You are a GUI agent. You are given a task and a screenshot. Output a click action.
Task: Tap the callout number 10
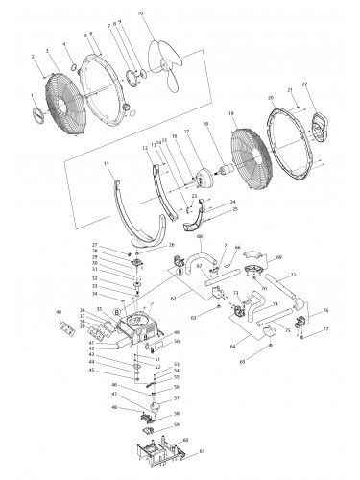tap(141, 13)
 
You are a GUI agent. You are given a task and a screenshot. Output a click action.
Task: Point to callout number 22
tap(304, 84)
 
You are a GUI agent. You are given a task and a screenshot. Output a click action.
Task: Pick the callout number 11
tap(108, 165)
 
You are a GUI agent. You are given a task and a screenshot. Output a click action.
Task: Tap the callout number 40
tap(59, 312)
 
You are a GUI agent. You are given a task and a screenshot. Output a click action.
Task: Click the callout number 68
tap(200, 236)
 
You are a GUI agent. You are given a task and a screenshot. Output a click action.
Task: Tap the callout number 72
tap(292, 276)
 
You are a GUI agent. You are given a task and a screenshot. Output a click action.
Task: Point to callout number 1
tap(33, 94)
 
